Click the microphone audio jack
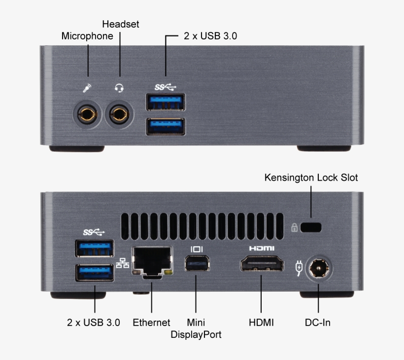tap(88, 115)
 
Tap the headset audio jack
tap(119, 115)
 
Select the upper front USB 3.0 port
tap(166, 102)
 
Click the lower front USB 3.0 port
tap(166, 127)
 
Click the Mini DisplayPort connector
tap(197, 263)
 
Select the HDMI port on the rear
tap(262, 263)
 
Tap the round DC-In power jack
tap(319, 268)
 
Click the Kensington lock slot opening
tap(311, 228)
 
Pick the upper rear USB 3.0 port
tap(94, 249)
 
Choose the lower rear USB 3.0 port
tap(94, 273)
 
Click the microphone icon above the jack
tap(87, 88)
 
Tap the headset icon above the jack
tap(119, 88)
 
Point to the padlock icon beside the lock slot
tap(294, 228)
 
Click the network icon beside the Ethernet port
tap(122, 263)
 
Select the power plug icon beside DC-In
tap(299, 268)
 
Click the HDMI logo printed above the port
tap(262, 248)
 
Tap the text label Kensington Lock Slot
tap(311, 178)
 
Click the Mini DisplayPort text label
tap(196, 328)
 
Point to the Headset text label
tap(121, 24)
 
